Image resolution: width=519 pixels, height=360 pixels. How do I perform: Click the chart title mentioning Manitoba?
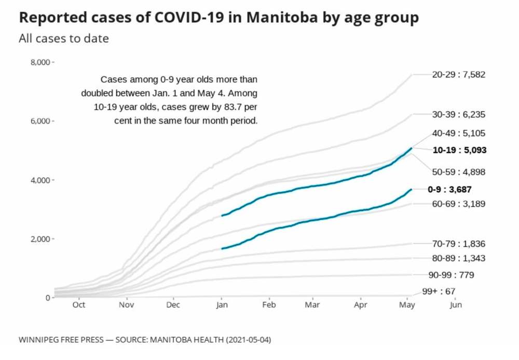coord(218,18)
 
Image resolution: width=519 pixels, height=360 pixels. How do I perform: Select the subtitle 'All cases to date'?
coord(64,38)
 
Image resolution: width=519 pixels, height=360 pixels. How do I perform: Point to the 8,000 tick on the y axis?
coord(42,62)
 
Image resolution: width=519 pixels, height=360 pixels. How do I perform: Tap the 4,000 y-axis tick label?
coord(42,180)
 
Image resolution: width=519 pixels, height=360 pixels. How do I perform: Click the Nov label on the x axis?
coord(127,305)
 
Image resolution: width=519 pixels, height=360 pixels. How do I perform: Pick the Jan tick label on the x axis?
coord(222,305)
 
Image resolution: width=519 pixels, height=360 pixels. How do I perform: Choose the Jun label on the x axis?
coord(455,305)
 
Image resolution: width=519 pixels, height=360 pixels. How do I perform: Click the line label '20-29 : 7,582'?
coord(458,75)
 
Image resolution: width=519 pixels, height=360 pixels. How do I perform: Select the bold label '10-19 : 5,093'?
coord(459,150)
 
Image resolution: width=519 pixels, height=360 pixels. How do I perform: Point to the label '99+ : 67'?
coord(439,292)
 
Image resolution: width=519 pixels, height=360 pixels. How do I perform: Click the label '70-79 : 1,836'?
coord(459,244)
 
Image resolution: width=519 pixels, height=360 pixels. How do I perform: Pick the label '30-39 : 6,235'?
coord(459,114)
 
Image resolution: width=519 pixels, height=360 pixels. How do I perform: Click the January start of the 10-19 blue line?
coord(222,216)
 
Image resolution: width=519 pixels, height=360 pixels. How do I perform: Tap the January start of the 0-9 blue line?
coord(222,249)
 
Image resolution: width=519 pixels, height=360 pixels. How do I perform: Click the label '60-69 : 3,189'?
coord(459,204)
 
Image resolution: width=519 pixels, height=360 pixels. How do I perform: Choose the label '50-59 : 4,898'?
coord(459,172)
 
